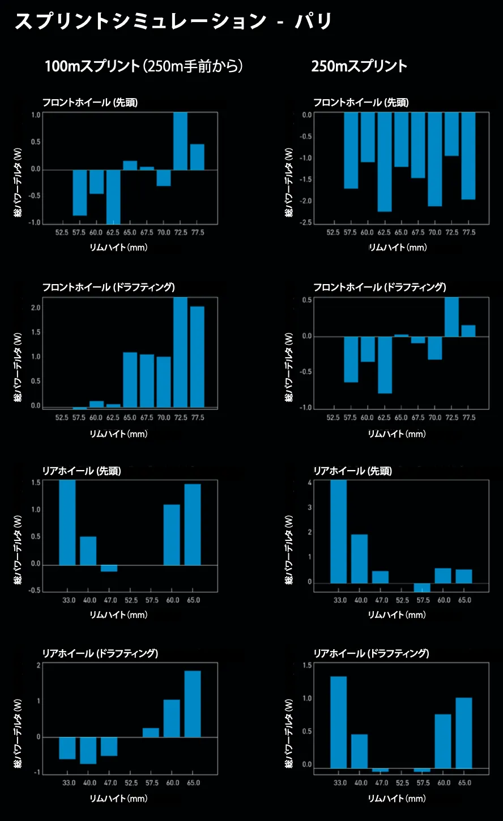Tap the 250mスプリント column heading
[359, 66]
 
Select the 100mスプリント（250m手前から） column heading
[144, 66]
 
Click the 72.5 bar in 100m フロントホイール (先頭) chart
[180, 141]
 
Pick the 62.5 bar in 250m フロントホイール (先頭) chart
[385, 162]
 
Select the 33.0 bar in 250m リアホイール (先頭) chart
[339, 531]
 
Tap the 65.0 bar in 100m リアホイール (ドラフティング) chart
[193, 704]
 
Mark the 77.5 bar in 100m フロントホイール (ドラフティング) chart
[197, 357]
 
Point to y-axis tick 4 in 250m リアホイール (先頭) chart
[310, 483]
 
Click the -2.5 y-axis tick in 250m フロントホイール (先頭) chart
[306, 222]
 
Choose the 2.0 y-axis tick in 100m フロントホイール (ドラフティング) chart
[36, 308]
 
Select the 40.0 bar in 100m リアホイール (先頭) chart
[88, 551]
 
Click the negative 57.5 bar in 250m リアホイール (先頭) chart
[422, 587]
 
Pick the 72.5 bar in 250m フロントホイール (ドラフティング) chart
[451, 317]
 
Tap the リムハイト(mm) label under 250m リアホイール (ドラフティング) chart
[397, 798]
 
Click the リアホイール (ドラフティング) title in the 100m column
[100, 654]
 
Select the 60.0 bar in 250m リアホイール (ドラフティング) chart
[443, 741]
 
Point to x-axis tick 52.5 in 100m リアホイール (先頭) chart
[131, 600]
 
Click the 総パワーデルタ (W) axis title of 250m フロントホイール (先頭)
[289, 183]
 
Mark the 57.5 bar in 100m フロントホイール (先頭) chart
[80, 193]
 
